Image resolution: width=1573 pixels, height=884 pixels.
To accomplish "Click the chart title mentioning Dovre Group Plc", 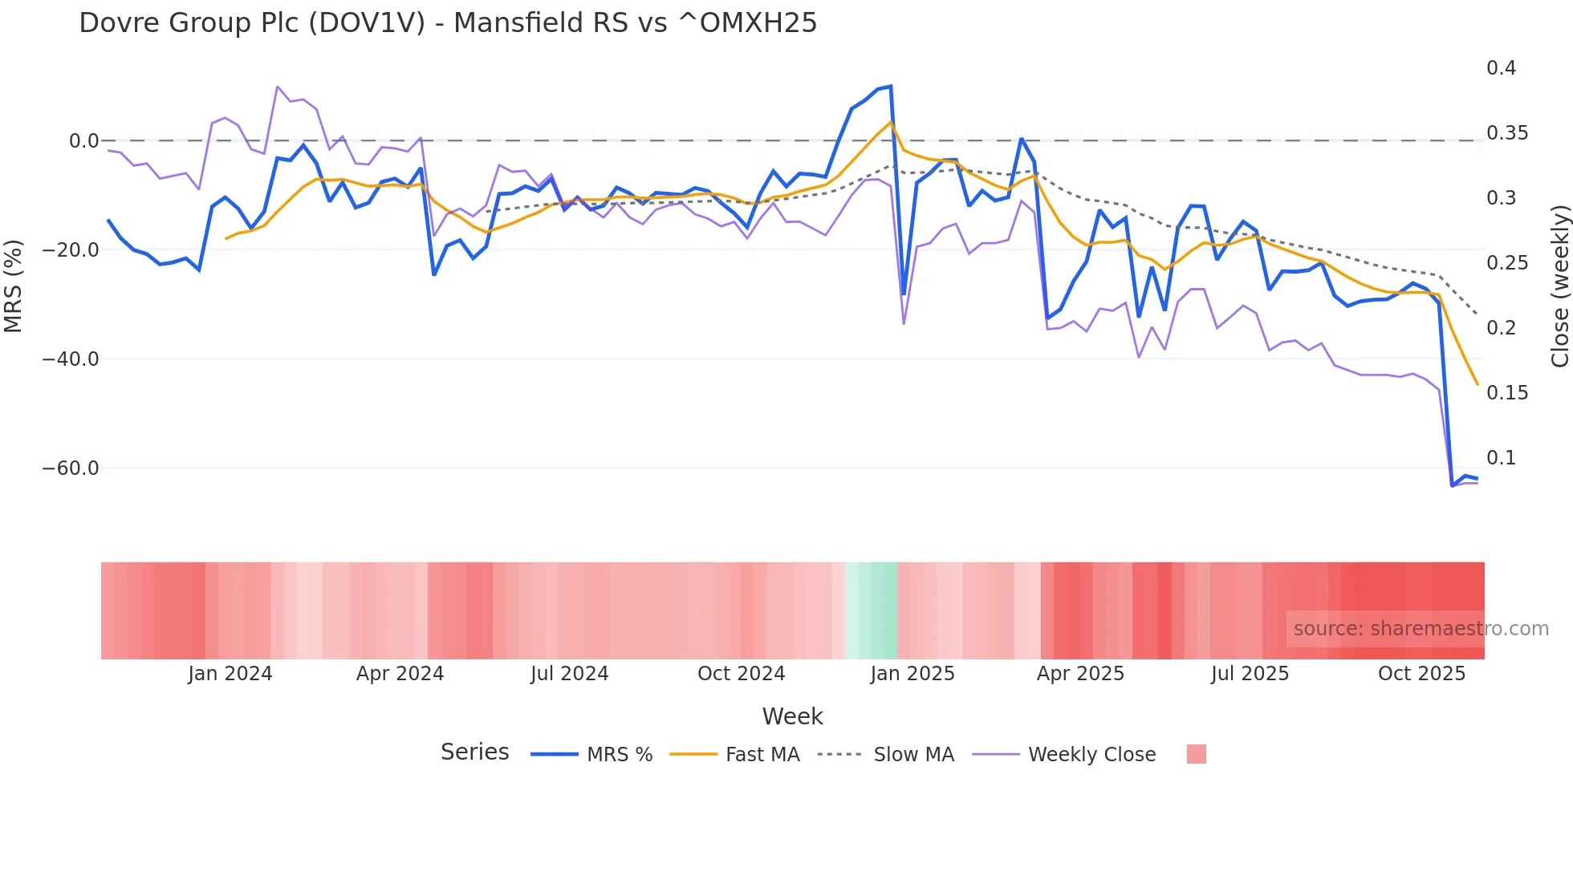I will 448,23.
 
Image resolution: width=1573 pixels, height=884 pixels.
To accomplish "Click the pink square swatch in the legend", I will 1196,754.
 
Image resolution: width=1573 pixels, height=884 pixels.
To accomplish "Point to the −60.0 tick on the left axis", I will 71,468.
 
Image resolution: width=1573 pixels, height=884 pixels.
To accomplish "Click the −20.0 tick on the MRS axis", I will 71,250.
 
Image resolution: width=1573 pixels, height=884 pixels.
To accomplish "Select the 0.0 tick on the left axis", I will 83,141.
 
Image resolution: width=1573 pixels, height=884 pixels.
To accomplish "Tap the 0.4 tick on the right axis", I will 1501,68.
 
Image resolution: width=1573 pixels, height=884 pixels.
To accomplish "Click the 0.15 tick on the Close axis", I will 1506,393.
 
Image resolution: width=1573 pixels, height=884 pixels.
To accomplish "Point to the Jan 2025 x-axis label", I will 912,674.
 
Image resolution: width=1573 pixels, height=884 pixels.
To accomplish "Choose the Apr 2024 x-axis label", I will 400,674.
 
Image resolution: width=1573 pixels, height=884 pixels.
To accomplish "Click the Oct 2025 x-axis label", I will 1421,674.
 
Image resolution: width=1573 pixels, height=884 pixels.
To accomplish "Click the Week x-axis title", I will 792,716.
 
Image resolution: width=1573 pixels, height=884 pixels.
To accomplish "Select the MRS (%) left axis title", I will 14,286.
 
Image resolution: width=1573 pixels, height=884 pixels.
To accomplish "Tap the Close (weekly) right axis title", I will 1559,286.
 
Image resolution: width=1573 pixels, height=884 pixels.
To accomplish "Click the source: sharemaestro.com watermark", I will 1421,629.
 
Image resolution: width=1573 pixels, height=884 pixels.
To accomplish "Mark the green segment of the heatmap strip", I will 872,610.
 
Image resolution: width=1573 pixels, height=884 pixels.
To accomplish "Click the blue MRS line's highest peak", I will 890,87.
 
